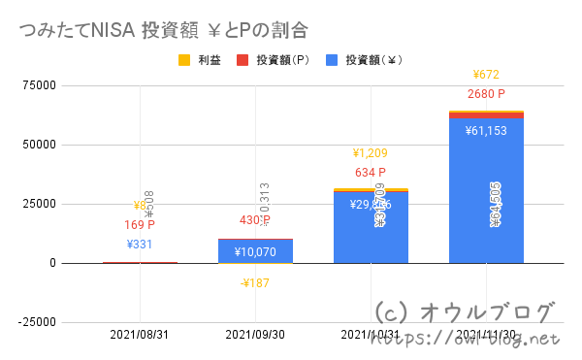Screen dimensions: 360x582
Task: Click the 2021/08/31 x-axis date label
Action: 141,335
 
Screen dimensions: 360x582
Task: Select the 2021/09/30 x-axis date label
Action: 256,335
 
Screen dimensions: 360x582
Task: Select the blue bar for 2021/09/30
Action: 255,251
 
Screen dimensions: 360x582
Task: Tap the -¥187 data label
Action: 255,283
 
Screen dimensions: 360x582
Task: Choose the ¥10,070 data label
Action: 255,252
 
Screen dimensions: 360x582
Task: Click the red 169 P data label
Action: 141,225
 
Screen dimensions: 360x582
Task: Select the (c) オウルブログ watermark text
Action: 465,312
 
